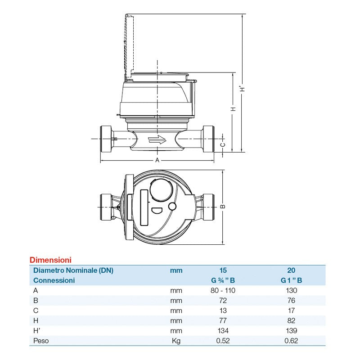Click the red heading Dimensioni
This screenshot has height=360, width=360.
50,260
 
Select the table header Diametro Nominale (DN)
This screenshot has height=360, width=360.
73,270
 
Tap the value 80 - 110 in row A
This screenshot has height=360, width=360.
223,290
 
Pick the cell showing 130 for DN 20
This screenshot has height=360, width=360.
291,290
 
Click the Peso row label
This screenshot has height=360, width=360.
41,341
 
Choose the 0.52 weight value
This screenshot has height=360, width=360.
223,341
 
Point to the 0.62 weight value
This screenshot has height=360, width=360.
291,341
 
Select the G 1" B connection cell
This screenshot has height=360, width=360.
291,280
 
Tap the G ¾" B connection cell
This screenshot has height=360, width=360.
223,280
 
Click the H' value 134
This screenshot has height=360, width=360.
223,331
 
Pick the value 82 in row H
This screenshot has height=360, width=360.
291,320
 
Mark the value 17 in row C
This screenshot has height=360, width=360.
291,310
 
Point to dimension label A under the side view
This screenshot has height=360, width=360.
157,160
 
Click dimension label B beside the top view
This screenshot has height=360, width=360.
224,207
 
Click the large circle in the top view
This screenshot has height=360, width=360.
160,189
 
